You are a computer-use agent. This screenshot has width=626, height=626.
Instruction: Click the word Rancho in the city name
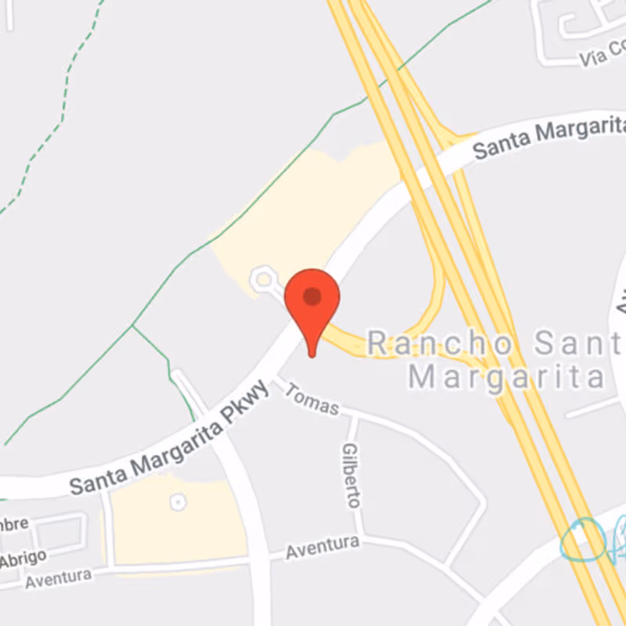tap(440, 344)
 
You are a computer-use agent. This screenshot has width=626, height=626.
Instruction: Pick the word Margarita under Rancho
tap(506, 377)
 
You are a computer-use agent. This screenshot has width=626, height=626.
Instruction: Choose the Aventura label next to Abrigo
tap(58, 578)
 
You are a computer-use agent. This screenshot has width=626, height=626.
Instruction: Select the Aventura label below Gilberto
tap(322, 547)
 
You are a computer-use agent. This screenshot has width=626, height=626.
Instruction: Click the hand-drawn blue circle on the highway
tap(583, 541)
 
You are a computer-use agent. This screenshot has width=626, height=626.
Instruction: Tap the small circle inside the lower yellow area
tap(178, 502)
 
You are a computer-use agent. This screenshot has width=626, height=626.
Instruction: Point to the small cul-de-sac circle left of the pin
tap(263, 277)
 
